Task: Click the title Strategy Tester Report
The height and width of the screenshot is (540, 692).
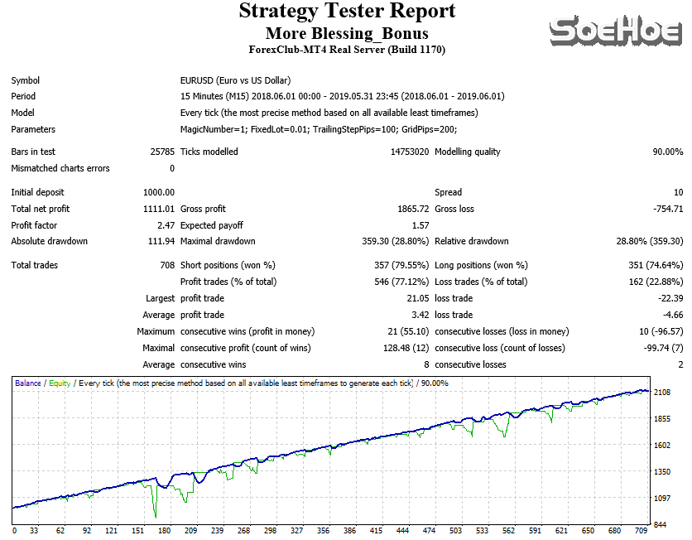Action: [347, 12]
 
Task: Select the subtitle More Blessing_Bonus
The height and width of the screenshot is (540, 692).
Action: [347, 33]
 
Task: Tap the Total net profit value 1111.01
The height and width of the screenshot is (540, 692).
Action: [158, 209]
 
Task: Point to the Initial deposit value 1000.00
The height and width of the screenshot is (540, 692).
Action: [158, 192]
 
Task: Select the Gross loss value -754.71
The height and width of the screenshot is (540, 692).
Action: [666, 209]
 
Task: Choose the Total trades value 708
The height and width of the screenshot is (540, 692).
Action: [166, 265]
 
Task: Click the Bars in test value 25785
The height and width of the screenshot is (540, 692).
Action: [162, 152]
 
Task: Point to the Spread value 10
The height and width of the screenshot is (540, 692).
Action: [678, 192]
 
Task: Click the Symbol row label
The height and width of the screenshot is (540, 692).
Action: [26, 80]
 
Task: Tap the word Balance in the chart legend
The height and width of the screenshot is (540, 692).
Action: [28, 383]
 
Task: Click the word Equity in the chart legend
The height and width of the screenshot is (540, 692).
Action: [60, 383]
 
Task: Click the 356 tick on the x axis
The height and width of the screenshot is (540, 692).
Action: [323, 530]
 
